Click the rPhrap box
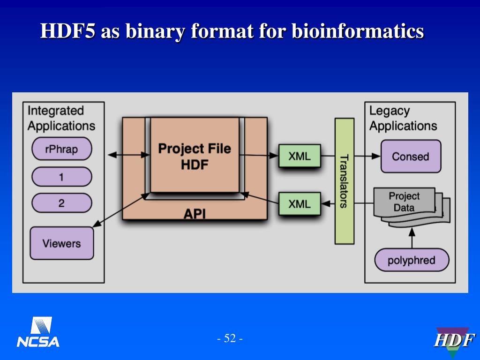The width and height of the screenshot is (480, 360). (x=61, y=150)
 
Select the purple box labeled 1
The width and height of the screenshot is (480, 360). (x=61, y=177)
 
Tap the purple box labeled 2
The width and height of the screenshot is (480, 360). (x=61, y=203)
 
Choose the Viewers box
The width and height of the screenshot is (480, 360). (x=61, y=243)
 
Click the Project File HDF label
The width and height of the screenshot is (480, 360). (x=194, y=157)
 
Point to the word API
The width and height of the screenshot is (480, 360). (x=194, y=214)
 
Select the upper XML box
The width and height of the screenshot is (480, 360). (x=300, y=156)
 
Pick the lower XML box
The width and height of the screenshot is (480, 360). (x=300, y=203)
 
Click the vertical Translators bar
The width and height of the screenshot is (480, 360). (x=344, y=181)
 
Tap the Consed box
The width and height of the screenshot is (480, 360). (x=410, y=156)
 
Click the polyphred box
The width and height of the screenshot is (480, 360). (x=411, y=260)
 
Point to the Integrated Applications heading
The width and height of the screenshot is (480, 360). (x=61, y=118)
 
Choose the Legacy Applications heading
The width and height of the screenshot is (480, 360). (x=403, y=118)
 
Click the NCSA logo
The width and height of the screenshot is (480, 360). (x=38, y=332)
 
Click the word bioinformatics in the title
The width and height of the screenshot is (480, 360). (x=358, y=32)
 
